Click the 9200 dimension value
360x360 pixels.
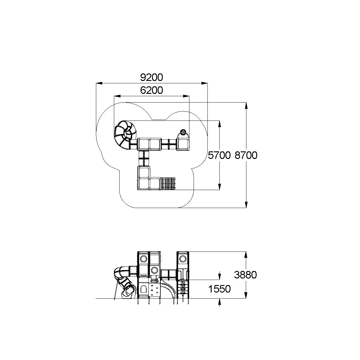(151, 77)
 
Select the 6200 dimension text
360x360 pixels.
(151, 90)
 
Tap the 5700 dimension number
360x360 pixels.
(219, 155)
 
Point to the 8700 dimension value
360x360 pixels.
(246, 155)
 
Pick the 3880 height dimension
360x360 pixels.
(245, 275)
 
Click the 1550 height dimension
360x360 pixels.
(219, 289)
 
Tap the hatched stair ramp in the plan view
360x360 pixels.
(168, 183)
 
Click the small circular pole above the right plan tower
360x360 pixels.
(183, 131)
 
